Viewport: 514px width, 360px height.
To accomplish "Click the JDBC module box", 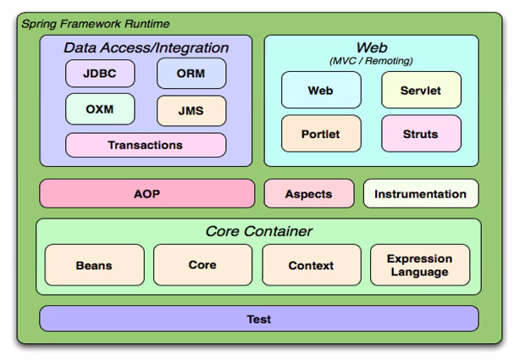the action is [100, 74].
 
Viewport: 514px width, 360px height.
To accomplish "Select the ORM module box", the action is [191, 74].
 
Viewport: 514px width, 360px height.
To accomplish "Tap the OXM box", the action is [100, 109].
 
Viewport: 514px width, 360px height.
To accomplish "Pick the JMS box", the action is [191, 111].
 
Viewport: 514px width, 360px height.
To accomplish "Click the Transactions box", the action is [146, 145].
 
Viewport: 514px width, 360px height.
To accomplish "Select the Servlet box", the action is [421, 90].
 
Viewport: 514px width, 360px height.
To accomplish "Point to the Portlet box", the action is [321, 134].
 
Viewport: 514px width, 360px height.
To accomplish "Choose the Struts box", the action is [421, 134].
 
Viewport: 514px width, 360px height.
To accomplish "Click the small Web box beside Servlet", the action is [321, 90].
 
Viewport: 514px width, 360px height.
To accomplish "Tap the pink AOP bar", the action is [146, 193].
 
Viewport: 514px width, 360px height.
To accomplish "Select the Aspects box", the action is [309, 193].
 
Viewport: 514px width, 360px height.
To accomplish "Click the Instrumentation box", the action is [421, 193].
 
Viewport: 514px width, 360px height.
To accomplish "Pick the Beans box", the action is [94, 265].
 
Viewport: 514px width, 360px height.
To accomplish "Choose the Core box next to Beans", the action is [203, 265].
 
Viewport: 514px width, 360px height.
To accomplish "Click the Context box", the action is [312, 265].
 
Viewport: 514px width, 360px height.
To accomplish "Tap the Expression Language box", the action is [420, 265].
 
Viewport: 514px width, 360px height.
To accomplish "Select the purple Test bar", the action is [259, 318].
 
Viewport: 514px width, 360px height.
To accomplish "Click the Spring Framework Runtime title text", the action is [96, 24].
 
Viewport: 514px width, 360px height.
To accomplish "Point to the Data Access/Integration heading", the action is [146, 48].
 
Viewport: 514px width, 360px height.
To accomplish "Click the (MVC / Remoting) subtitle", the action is [371, 61].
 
